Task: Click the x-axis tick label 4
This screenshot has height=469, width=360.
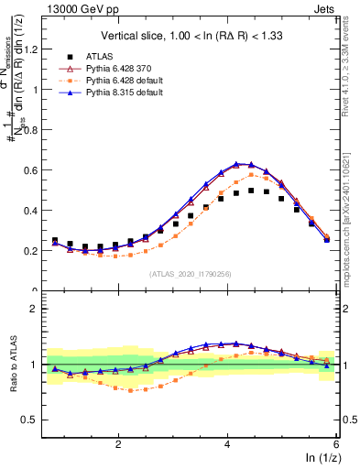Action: pos(227,443)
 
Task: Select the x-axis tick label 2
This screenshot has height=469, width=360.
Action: pos(118,443)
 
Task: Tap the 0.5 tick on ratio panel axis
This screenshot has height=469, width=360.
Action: pos(33,420)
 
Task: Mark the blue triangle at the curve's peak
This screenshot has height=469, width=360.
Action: pos(237,164)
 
